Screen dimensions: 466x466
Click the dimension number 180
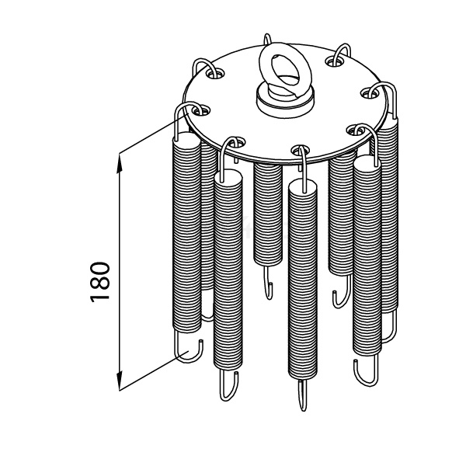point(100,282)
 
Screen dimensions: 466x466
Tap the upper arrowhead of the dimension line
point(119,163)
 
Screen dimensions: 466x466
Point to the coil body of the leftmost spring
point(186,232)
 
